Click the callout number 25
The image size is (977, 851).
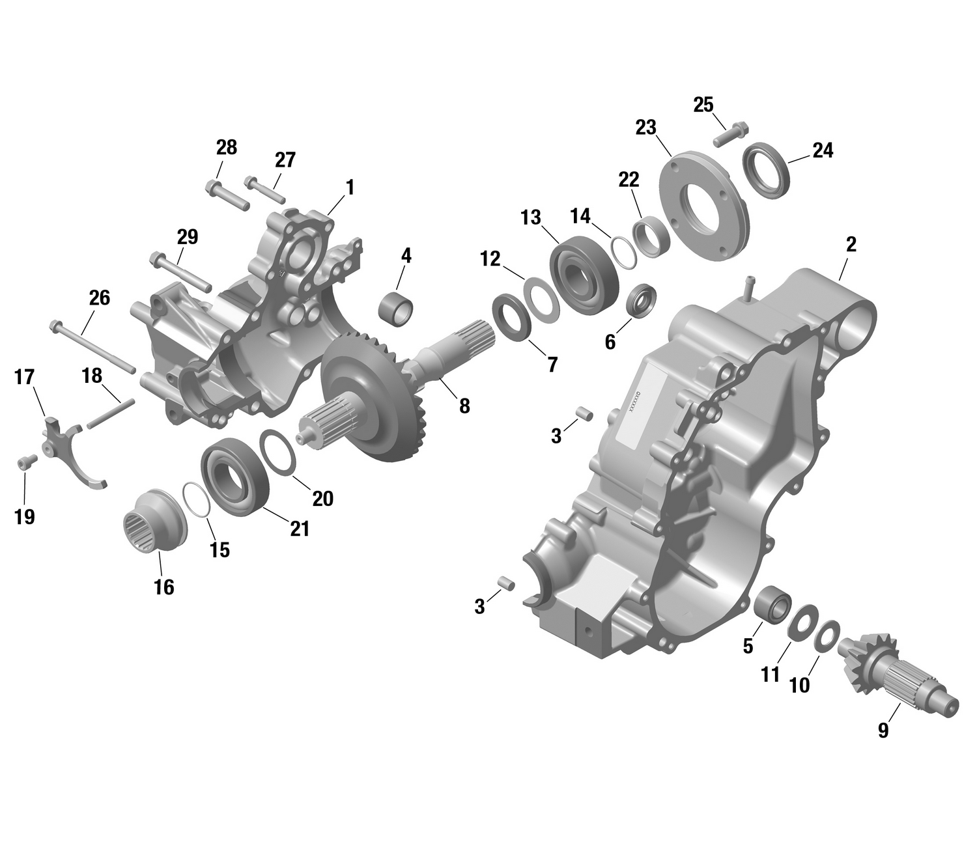703,105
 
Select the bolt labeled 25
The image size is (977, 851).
731,133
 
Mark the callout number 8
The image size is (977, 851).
464,406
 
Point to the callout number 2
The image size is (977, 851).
851,245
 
